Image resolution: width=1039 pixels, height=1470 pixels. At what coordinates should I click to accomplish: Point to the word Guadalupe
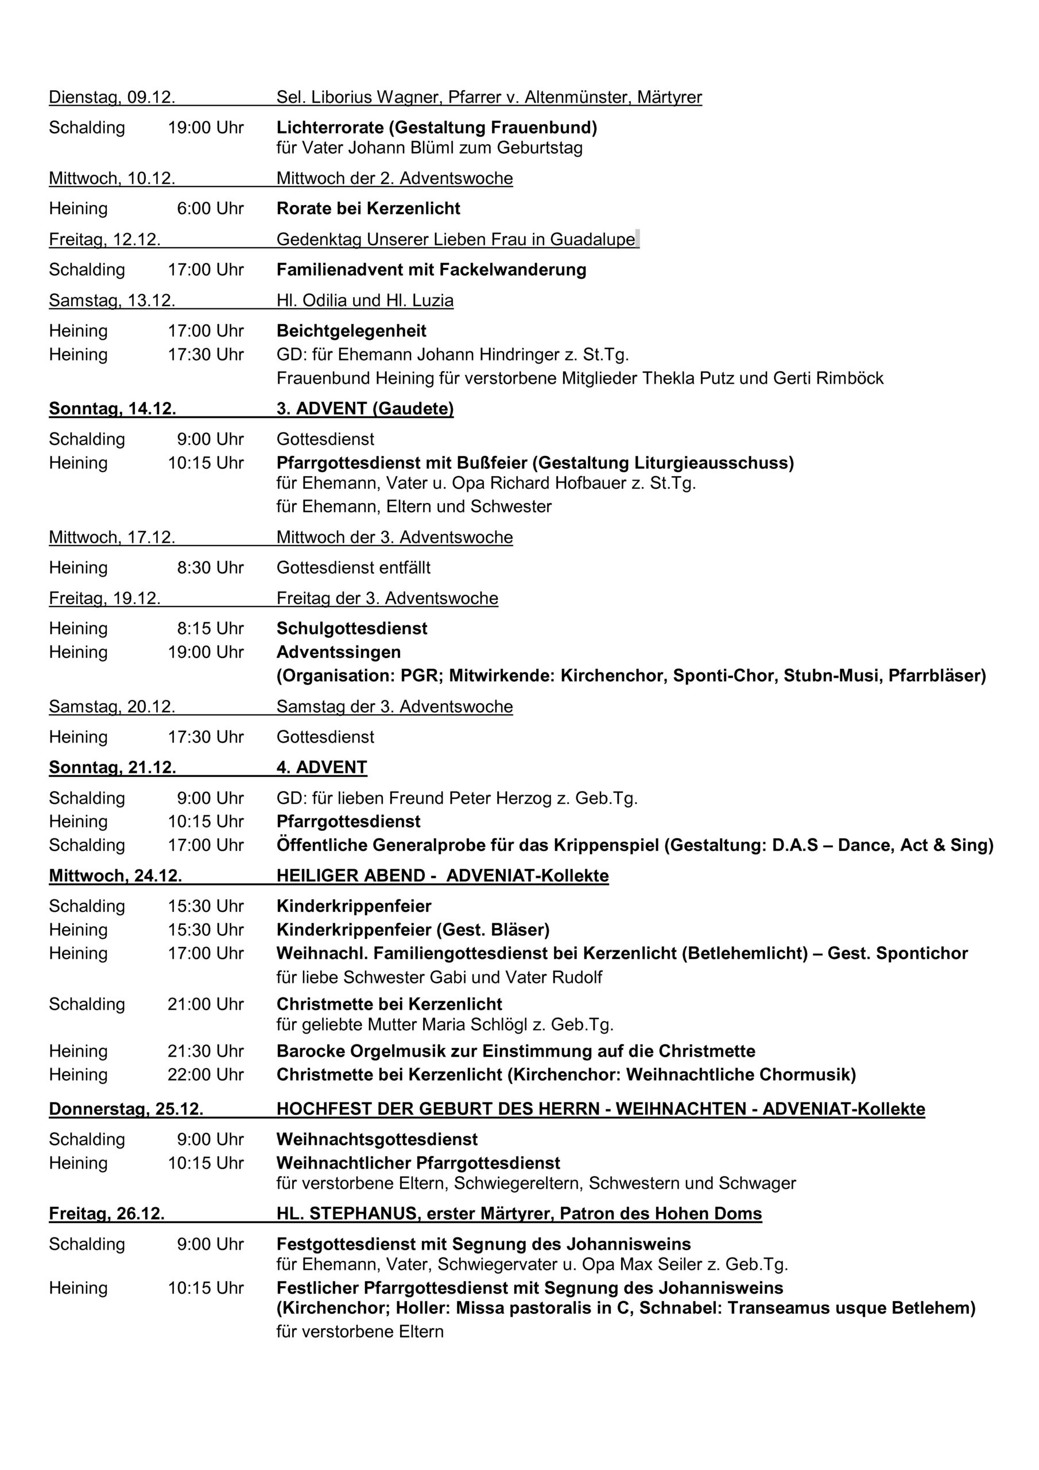[x=592, y=239]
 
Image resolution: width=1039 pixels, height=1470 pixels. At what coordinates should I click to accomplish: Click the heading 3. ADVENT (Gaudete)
[x=365, y=408]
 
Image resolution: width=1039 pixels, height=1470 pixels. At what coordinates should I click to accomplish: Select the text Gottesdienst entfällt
[x=354, y=568]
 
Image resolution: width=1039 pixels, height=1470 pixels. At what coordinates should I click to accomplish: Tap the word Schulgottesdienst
[x=351, y=629]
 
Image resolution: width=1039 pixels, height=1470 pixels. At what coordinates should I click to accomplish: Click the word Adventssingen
[x=338, y=652]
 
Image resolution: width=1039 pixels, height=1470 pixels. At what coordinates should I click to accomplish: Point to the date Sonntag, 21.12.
[x=112, y=768]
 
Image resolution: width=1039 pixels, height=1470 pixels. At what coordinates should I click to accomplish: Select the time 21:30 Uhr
[x=206, y=1051]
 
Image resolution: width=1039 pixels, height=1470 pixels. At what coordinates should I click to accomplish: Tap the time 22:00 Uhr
[x=206, y=1075]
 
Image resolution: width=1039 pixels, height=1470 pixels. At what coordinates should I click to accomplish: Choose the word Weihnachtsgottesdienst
[x=377, y=1140]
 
